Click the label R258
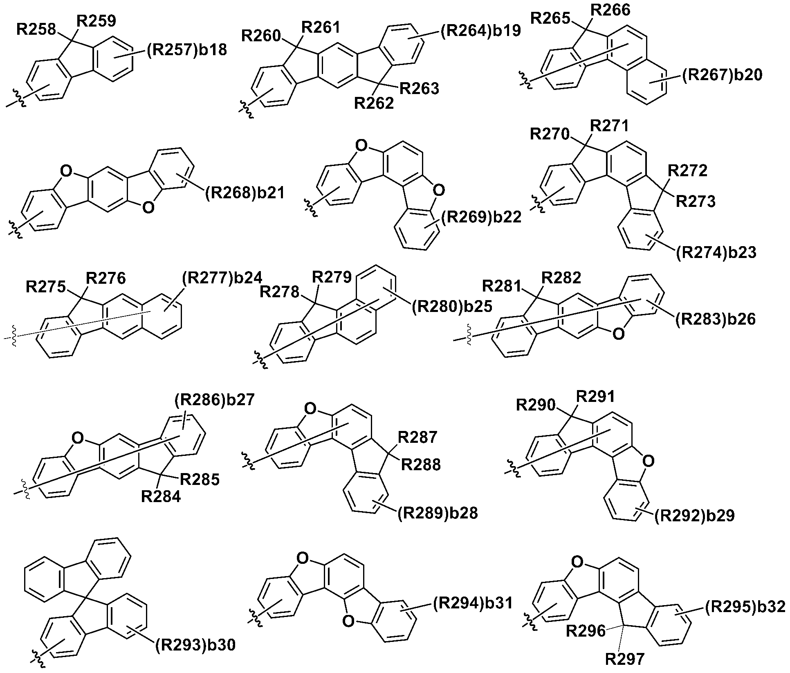36,29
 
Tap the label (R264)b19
480,31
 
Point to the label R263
420,89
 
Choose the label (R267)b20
722,75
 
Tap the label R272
688,170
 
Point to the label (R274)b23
716,253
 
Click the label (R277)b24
222,278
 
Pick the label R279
332,277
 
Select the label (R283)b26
715,319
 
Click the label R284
161,496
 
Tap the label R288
421,464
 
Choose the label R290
536,405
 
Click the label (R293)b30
195,645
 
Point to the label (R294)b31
472,603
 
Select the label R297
624,659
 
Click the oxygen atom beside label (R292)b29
648,461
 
